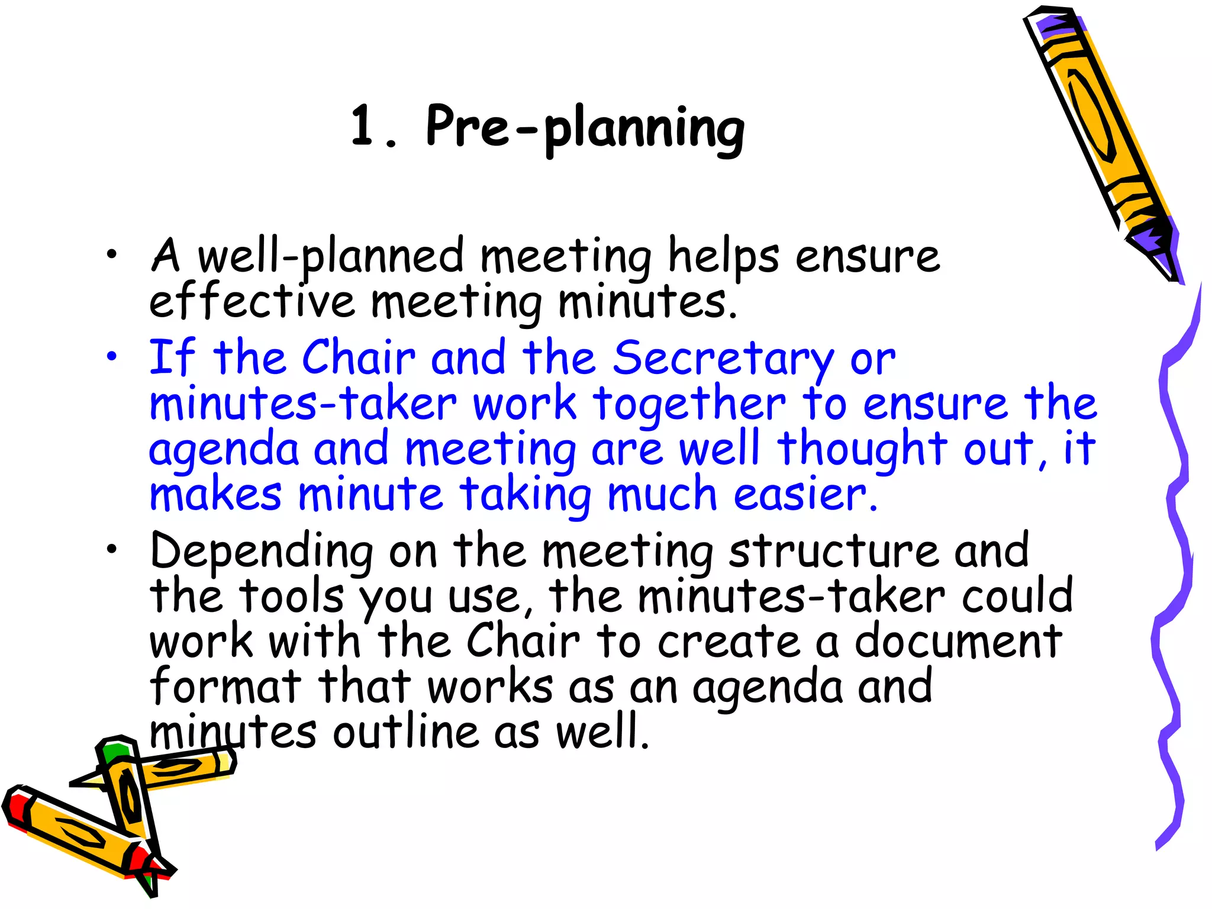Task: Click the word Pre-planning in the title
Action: pos(585,128)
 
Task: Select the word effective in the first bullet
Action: pos(252,301)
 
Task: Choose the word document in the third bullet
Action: pos(958,642)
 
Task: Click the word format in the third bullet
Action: pos(225,686)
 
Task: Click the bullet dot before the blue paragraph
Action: pos(111,357)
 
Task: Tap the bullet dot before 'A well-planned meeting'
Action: pos(111,255)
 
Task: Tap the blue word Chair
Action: pos(359,358)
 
